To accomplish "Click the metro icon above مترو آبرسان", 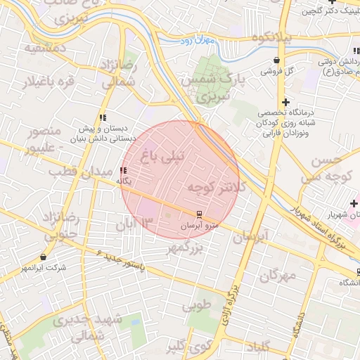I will (200, 214).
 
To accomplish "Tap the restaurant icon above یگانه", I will (124, 170).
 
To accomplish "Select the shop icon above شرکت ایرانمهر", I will (44, 257).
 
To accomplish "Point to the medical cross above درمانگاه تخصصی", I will (285, 103).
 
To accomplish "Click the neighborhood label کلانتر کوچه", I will (214, 187).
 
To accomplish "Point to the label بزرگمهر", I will (184, 248).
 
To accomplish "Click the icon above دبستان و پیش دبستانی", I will (102, 117).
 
